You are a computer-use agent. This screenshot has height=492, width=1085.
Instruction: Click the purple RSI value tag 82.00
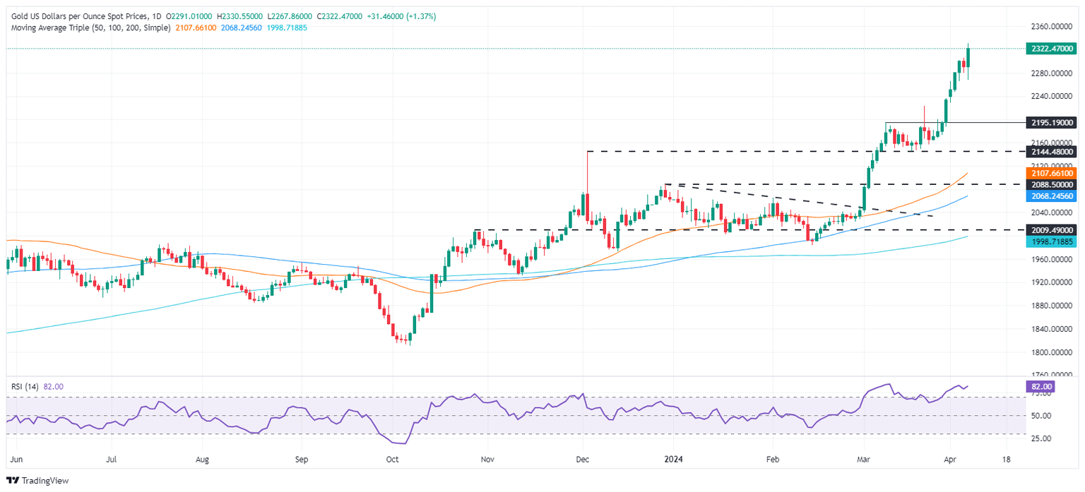1042,387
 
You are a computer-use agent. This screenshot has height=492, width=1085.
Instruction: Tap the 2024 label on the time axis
672,458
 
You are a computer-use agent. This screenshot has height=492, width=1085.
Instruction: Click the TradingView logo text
41,481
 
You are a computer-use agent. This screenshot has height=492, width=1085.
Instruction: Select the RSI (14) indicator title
25,387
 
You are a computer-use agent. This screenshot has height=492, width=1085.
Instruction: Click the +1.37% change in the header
422,16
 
